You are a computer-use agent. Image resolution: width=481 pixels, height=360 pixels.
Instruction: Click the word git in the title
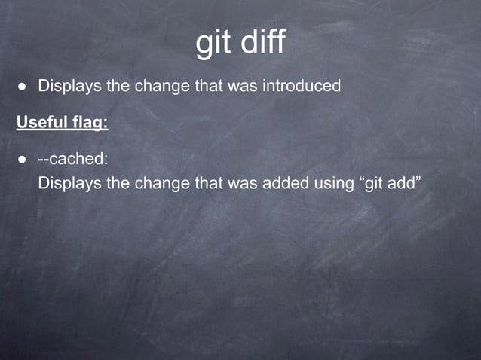tap(213, 43)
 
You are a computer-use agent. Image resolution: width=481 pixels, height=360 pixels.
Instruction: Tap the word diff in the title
tap(263, 42)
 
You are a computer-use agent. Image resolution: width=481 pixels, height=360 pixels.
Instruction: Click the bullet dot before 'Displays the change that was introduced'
tap(23, 87)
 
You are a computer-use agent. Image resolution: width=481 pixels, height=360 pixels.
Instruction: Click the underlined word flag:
tap(89, 122)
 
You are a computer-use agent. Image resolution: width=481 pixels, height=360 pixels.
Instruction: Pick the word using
tap(331, 183)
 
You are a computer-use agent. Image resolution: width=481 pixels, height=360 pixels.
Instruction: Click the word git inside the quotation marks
tap(375, 182)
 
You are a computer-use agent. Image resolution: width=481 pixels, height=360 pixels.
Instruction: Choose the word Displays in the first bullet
tap(69, 86)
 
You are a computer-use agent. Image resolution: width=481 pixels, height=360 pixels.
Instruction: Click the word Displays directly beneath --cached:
tap(69, 182)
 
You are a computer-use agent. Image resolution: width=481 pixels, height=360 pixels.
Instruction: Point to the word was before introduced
tap(242, 86)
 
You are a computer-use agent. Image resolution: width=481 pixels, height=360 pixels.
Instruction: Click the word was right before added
tap(242, 182)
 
